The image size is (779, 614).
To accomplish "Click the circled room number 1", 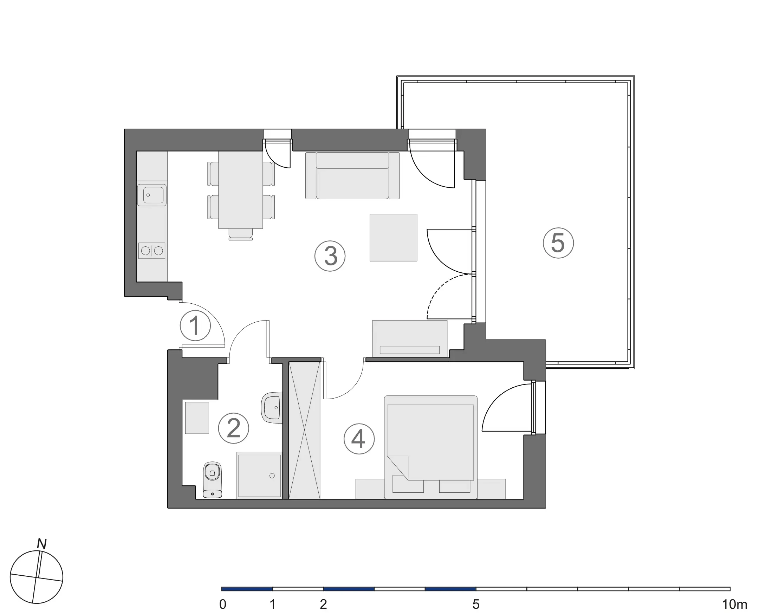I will point(195,326).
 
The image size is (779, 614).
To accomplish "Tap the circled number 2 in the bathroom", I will point(234,428).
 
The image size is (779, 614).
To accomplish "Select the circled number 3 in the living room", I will point(330,256).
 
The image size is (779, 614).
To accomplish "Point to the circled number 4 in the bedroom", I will point(359,439).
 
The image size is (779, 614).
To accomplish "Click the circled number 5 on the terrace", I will point(558,243).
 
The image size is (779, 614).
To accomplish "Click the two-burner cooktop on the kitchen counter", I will point(152,251).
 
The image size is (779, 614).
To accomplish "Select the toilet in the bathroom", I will point(212,479).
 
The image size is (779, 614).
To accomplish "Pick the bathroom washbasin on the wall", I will point(272,408).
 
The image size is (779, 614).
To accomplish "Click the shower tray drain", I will point(272,476).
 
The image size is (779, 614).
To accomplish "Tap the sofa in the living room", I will point(352,176).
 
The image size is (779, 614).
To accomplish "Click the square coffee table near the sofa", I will point(394,237).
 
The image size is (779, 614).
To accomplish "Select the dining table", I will point(240,189).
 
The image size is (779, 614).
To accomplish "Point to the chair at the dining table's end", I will point(240,234).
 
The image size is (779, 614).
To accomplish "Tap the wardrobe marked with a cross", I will point(304,430).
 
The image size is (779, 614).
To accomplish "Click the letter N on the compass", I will point(42,544).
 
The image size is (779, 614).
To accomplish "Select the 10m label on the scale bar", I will point(734,605).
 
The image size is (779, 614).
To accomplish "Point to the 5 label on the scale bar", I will point(476,605).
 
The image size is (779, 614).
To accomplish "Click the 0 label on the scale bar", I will point(223,605).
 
